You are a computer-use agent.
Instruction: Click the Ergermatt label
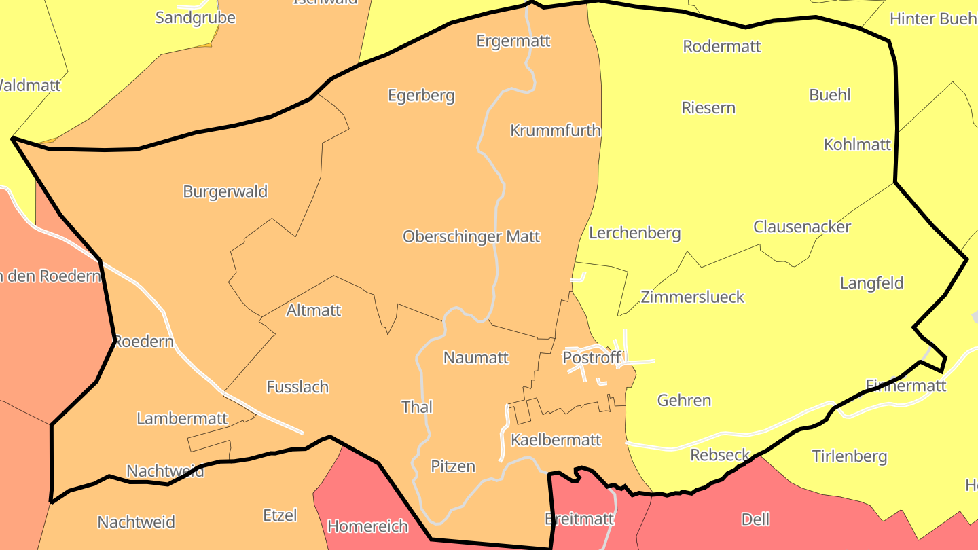point(513,41)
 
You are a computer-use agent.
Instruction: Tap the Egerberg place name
point(421,95)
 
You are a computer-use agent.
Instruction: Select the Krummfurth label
point(556,130)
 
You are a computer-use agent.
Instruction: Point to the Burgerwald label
point(225,191)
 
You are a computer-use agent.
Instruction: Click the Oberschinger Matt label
point(471,236)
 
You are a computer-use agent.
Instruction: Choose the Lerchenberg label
point(635,233)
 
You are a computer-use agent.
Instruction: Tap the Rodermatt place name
point(722,46)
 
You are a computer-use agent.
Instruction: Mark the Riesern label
point(708,108)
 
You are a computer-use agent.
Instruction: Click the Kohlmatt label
point(857,144)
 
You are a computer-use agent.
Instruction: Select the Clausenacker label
point(802,227)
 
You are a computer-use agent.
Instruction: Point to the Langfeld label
point(872,283)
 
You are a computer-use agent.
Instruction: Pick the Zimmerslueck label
point(693,297)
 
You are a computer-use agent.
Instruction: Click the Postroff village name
point(592,357)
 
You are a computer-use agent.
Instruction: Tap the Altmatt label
point(314,310)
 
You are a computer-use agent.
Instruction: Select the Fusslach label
point(297,387)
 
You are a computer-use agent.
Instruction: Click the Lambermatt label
point(182,418)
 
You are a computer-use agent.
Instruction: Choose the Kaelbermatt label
point(556,440)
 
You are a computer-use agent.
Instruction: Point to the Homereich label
point(368,526)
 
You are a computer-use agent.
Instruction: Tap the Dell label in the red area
point(755,519)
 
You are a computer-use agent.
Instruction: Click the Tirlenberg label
point(850,456)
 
